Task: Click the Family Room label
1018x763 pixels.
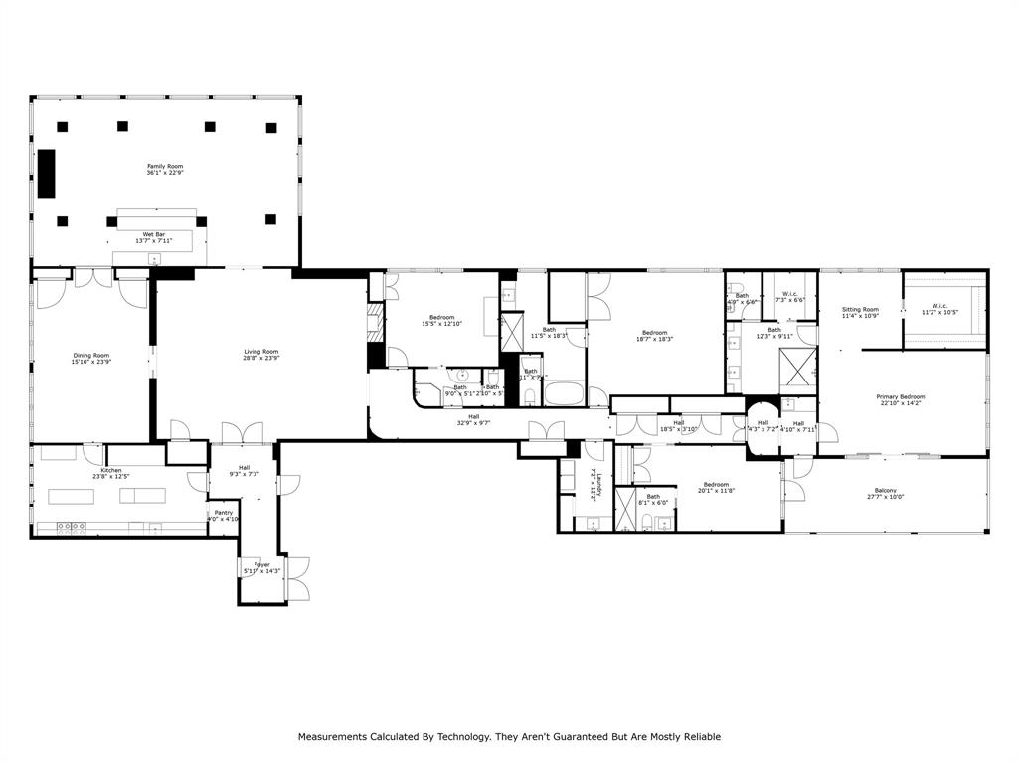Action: coord(165,167)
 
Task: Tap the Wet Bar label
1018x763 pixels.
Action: coord(154,234)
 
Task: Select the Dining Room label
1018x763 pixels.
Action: coord(90,355)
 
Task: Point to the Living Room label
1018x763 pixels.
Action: coord(261,351)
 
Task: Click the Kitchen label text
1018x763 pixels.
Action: coord(111,470)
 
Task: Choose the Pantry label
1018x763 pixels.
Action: coord(224,513)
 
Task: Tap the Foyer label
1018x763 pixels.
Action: coord(262,564)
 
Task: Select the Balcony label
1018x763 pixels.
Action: coord(885,491)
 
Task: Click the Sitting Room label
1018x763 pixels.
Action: coord(860,309)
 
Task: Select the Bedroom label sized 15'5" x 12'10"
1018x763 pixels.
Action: coord(441,317)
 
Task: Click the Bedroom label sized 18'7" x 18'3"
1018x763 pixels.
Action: coord(654,333)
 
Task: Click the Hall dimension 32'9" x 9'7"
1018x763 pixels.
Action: coord(473,423)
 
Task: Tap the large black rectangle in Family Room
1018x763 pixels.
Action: coord(47,174)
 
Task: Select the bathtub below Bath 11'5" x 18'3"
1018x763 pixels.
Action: coord(564,393)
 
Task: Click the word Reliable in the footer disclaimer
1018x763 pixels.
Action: coord(698,736)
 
